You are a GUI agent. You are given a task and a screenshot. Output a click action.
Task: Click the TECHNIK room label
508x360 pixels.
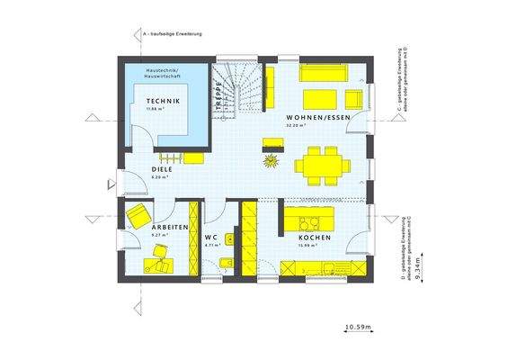[x=164, y=101]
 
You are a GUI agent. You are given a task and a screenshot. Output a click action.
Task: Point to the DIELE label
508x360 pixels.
[x=161, y=168]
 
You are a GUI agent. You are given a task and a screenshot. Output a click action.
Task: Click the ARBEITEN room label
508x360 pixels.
[x=170, y=228]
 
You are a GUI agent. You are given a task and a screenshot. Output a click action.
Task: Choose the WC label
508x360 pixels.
[x=212, y=236]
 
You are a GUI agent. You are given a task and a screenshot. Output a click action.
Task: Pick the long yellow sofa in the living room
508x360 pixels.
[x=328, y=71]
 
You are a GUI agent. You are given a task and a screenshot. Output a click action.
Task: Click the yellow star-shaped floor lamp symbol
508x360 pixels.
[x=268, y=160]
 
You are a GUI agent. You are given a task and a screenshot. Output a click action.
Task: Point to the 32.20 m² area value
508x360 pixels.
[x=296, y=126]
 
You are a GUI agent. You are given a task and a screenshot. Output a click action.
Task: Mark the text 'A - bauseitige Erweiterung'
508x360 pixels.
[x=173, y=33]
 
